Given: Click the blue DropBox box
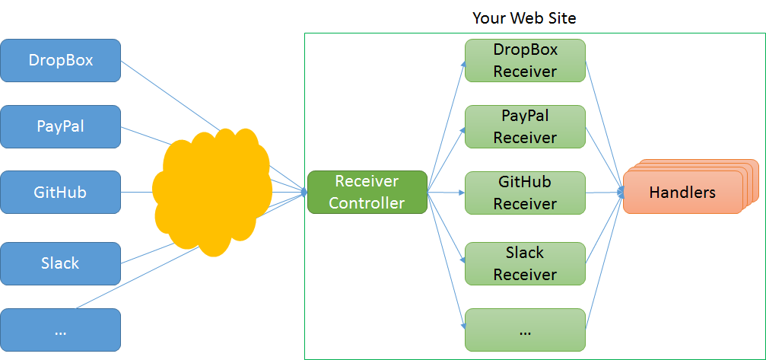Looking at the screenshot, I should coord(61,60).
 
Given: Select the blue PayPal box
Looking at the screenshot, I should coord(61,126).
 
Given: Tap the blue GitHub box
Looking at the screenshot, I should coord(61,192).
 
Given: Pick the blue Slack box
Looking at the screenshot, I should coord(61,263).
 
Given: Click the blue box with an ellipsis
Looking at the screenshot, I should coord(61,330).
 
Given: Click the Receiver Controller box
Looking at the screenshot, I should coord(367,192).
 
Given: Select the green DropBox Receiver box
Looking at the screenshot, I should coord(525,61).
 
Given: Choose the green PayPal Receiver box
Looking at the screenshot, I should coord(525,126).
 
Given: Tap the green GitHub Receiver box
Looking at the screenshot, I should coord(525,193).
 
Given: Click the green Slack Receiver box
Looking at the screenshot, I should coord(525,263).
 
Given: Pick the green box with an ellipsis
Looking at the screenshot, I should coord(525,330).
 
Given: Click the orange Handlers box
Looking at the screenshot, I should coord(682,193).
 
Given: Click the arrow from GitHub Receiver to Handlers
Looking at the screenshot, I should coord(604,193).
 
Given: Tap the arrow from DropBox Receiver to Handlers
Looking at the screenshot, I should coord(604,122).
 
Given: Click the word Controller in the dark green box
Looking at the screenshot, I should coord(367,202).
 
